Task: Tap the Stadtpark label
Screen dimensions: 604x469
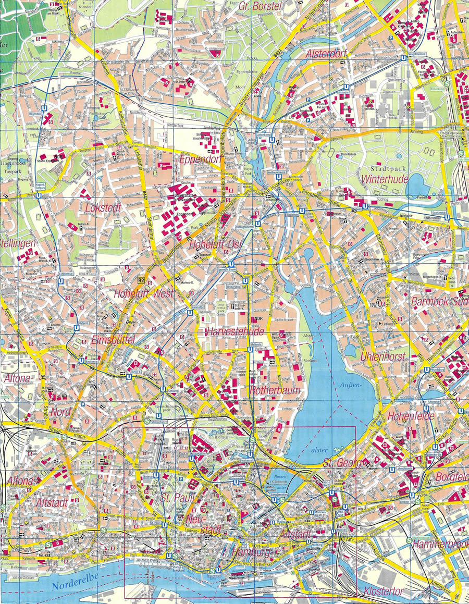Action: tap(385, 169)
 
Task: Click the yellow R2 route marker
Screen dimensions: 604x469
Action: tap(140, 280)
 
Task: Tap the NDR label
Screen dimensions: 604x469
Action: tap(256, 319)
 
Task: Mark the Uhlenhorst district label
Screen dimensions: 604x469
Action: tap(382, 357)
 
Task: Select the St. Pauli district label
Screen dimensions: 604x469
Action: tap(177, 497)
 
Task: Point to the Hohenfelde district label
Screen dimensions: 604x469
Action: tap(410, 416)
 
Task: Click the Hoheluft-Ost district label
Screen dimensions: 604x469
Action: tap(210, 244)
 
